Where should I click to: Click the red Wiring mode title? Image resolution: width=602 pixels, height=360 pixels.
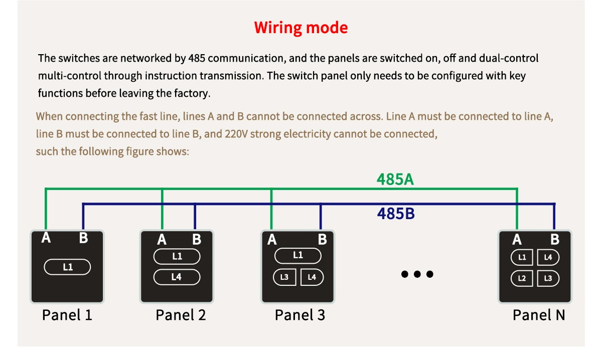pyautogui.click(x=300, y=28)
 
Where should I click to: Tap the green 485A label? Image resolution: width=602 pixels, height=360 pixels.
pyautogui.click(x=395, y=179)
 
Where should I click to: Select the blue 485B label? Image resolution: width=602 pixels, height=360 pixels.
pyautogui.click(x=396, y=214)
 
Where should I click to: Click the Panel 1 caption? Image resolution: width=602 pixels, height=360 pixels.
pyautogui.click(x=67, y=315)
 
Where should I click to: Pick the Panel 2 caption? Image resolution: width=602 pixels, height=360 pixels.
pyautogui.click(x=181, y=315)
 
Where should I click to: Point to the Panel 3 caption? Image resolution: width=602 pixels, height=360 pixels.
pyautogui.click(x=299, y=315)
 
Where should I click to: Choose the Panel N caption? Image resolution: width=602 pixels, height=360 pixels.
pyautogui.click(x=538, y=315)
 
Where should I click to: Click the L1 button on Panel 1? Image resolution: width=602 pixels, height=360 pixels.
pyautogui.click(x=68, y=267)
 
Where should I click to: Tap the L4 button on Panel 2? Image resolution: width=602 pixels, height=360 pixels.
pyautogui.click(x=177, y=277)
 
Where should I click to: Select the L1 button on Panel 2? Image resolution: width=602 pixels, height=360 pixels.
pyautogui.click(x=177, y=257)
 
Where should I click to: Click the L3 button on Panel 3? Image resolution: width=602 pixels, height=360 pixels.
pyautogui.click(x=284, y=277)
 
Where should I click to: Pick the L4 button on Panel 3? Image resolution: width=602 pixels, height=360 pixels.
pyautogui.click(x=312, y=277)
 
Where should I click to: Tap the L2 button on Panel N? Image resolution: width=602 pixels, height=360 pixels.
pyautogui.click(x=522, y=278)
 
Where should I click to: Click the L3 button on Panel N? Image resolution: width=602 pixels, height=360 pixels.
pyautogui.click(x=548, y=278)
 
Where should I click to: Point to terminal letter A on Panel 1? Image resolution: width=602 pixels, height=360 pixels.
pyautogui.click(x=46, y=238)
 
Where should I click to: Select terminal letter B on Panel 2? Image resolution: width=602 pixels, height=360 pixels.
pyautogui.click(x=197, y=240)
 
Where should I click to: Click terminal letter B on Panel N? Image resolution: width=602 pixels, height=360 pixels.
pyautogui.click(x=554, y=240)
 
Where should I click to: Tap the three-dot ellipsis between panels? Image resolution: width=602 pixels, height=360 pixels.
pyautogui.click(x=417, y=274)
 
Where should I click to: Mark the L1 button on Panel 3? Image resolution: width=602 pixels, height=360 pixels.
pyautogui.click(x=298, y=255)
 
